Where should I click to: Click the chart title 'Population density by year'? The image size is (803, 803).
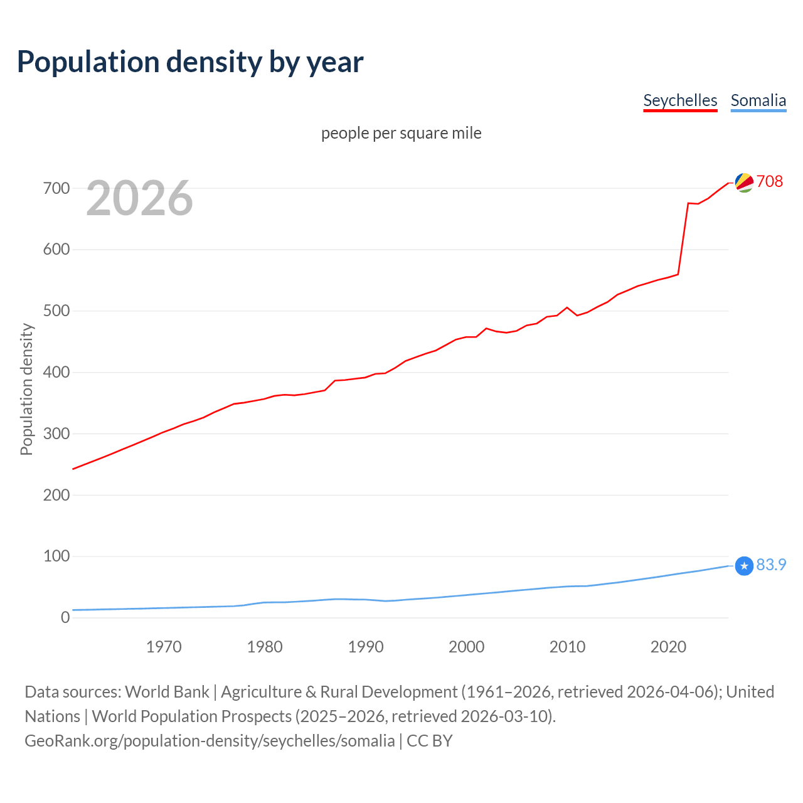(x=190, y=62)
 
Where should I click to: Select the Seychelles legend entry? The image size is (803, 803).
(x=680, y=100)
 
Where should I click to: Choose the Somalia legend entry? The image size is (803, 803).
(x=758, y=100)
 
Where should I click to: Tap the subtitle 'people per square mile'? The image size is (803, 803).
(x=401, y=133)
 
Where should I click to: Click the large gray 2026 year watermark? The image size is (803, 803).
(x=139, y=198)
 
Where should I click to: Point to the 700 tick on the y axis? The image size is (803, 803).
(x=56, y=188)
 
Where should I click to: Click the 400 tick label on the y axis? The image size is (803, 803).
(x=56, y=372)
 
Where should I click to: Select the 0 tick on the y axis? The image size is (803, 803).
(x=65, y=617)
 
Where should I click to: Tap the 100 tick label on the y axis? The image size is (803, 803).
(x=56, y=556)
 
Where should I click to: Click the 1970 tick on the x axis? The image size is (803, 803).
(x=164, y=647)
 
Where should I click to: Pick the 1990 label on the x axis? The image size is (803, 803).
(x=366, y=647)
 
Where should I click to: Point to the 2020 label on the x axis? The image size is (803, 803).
(x=668, y=647)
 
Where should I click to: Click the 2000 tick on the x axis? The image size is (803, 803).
(x=467, y=647)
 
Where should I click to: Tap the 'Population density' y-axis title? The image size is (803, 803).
(x=26, y=389)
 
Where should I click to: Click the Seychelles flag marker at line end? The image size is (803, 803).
(x=744, y=183)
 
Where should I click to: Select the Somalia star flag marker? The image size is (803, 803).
(x=744, y=566)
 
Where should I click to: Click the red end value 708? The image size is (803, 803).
(x=770, y=181)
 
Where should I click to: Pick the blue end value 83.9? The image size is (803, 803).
(x=771, y=565)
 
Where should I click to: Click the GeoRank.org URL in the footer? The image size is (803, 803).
(x=210, y=741)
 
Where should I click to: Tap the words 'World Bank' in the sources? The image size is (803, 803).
(x=167, y=692)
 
